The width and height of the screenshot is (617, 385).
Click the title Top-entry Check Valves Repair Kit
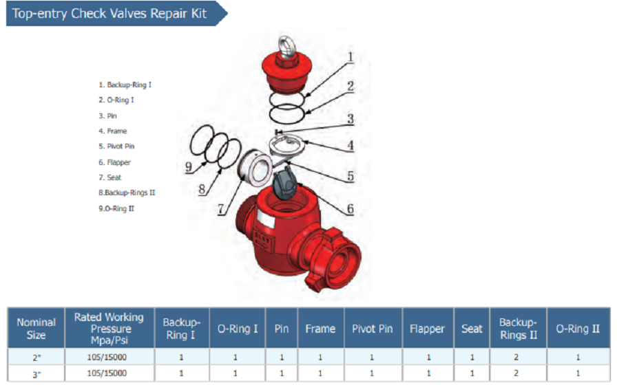point(109,14)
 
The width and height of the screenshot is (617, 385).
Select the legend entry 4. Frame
point(113,131)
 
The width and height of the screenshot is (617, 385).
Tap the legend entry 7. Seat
point(111,177)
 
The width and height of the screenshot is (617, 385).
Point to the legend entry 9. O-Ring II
point(116,208)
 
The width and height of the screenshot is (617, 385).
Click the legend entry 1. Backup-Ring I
point(125,85)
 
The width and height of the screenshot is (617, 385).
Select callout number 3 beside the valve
point(350,118)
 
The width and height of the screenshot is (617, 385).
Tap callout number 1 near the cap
point(350,57)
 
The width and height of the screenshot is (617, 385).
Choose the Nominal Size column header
point(36,329)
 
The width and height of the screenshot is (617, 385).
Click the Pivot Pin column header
point(372,329)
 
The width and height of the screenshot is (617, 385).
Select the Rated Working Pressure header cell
point(109,329)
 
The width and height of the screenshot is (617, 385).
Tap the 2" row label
point(36,357)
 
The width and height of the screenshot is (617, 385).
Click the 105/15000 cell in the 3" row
point(109,373)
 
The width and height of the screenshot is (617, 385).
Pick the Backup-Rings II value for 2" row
point(518,357)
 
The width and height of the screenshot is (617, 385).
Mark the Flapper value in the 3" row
point(428,373)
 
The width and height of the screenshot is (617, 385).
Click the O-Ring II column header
point(577,329)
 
